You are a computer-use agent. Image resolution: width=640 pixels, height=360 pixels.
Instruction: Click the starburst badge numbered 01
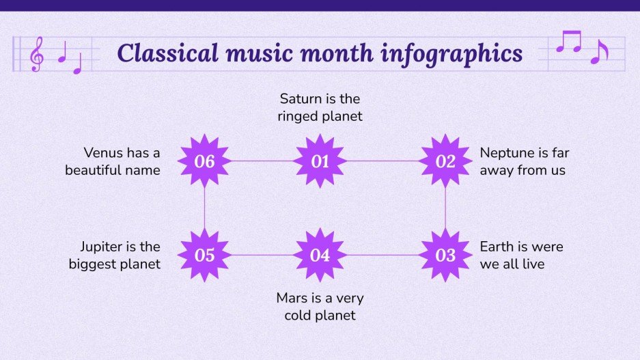(x=320, y=162)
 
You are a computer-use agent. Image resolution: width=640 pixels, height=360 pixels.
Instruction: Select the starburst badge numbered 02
(x=445, y=162)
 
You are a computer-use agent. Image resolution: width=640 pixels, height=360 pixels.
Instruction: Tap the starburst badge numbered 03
(x=445, y=255)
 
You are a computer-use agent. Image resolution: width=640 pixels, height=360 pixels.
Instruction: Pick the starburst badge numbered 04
(x=320, y=255)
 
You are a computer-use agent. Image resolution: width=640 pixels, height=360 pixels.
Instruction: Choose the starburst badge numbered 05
(x=205, y=255)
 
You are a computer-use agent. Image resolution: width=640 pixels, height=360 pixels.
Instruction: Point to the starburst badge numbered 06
(x=205, y=162)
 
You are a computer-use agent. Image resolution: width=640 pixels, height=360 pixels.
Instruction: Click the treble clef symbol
(x=36, y=53)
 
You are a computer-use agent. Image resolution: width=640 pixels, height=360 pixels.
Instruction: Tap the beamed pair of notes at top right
(x=568, y=42)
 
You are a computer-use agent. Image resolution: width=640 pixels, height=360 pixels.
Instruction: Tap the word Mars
(x=292, y=298)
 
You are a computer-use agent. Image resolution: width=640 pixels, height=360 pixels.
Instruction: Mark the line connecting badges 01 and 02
(x=382, y=162)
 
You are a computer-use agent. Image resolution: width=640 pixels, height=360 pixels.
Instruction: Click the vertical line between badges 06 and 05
(x=205, y=208)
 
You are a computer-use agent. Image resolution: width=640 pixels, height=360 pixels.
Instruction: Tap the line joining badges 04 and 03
(x=382, y=255)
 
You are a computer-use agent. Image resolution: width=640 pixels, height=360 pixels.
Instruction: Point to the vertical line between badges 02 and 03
(x=445, y=208)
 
